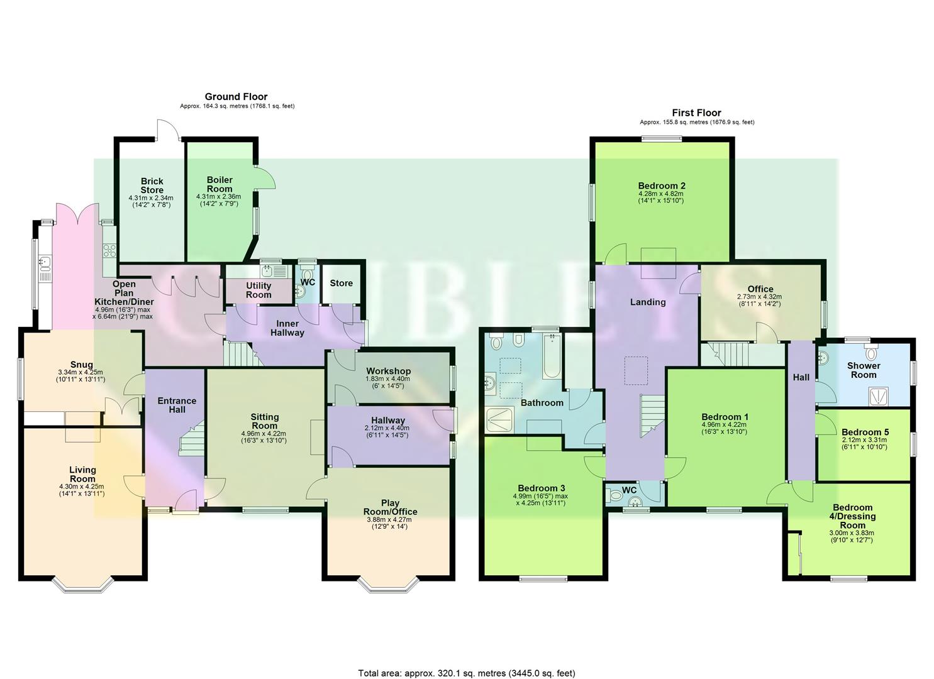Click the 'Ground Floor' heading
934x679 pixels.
(x=236, y=97)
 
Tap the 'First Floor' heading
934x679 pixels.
(x=696, y=113)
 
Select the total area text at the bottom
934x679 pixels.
(x=466, y=673)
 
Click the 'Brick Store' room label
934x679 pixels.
(x=152, y=185)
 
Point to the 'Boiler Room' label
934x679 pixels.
(x=220, y=184)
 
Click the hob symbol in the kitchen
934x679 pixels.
(x=109, y=250)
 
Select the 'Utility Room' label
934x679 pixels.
(x=259, y=290)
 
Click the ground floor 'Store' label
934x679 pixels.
(x=342, y=283)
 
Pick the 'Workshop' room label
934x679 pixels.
(x=388, y=371)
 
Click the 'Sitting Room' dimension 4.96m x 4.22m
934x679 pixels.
(x=264, y=433)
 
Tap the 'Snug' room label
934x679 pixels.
(x=82, y=365)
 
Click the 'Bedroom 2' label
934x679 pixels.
(x=661, y=185)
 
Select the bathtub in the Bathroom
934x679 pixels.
(x=551, y=357)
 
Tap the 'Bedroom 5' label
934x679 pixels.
(x=865, y=432)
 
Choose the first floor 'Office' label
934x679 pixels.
(x=760, y=289)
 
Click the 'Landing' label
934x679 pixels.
(x=648, y=302)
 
